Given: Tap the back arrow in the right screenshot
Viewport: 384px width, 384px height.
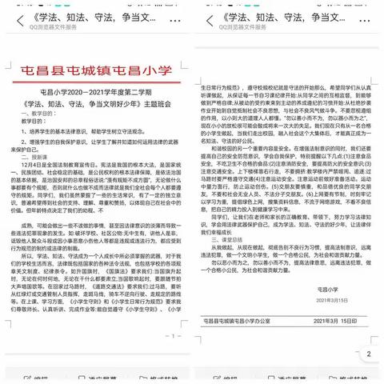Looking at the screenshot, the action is (205, 15).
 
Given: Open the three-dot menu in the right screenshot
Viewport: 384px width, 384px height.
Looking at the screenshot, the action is (373, 15).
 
